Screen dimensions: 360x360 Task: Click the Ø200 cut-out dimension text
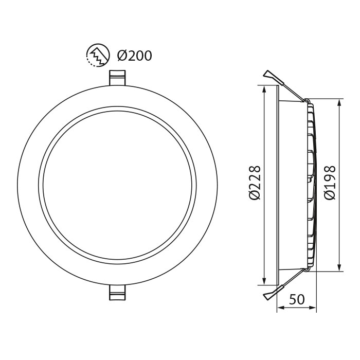coord(134,55)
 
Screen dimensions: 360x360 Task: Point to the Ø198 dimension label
coord(330,183)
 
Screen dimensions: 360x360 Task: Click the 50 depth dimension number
coord(297,299)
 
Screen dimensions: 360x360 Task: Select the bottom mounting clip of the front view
coord(118,293)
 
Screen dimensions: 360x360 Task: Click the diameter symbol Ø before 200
coord(122,55)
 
